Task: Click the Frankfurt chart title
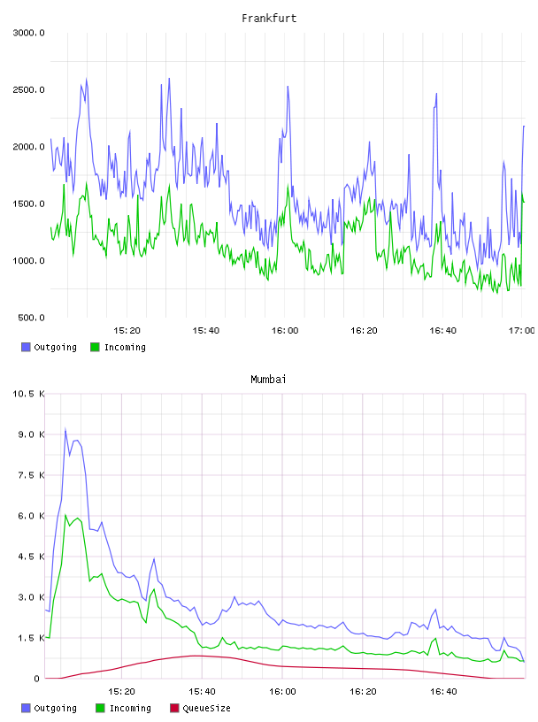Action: pos(269,19)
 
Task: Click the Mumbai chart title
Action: pos(268,380)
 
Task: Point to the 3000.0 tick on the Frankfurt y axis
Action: pos(28,33)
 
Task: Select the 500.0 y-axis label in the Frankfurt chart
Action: pos(31,318)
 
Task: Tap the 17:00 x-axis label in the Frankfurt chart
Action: pos(522,331)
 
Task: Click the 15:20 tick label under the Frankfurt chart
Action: pos(127,331)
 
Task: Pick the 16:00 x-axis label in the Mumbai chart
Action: pos(282,692)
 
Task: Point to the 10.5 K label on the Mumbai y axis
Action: pos(28,394)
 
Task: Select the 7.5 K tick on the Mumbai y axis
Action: pos(31,475)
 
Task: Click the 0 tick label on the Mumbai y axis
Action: pos(36,679)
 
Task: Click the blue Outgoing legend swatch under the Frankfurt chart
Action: pos(26,347)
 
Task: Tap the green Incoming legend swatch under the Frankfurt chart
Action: pos(95,347)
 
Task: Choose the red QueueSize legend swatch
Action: pos(174,708)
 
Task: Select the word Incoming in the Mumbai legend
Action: pos(130,708)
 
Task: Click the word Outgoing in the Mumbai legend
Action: pos(55,708)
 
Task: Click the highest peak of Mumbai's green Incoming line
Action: pos(65,515)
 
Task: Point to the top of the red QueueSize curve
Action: pos(196,656)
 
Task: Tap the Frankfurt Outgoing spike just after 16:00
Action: pos(288,87)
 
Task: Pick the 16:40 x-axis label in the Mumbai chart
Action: pos(443,692)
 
